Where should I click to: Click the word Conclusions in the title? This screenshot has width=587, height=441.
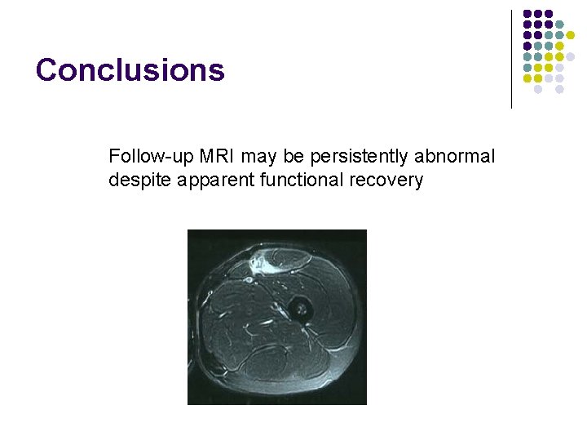[130, 70]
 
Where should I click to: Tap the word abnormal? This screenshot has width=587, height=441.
[459, 156]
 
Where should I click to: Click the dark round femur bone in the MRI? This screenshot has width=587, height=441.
[300, 309]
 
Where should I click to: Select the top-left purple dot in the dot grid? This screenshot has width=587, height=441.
[527, 14]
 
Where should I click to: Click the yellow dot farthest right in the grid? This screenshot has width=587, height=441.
[571, 36]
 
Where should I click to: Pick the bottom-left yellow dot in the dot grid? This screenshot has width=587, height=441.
[527, 79]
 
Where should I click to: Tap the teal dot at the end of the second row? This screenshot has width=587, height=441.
[560, 24]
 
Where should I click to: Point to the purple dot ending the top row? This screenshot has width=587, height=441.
[549, 14]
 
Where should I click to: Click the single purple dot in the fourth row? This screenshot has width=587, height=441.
[527, 47]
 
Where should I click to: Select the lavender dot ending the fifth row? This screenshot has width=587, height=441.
[571, 57]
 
